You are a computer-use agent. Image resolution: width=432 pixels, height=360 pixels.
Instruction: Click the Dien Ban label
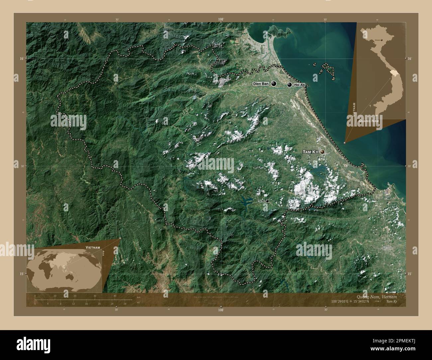[x=261, y=84]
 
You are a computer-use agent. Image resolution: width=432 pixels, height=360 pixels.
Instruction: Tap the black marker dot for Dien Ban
[x=274, y=84]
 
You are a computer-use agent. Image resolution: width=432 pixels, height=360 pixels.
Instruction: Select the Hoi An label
[x=299, y=85]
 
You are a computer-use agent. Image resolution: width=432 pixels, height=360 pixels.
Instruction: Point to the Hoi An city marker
[x=289, y=85]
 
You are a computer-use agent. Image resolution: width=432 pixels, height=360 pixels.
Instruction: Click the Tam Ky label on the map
[x=310, y=152]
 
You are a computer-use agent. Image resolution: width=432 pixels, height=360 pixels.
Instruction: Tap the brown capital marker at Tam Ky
[x=322, y=152]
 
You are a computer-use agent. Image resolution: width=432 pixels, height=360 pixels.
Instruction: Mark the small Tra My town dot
[x=267, y=201]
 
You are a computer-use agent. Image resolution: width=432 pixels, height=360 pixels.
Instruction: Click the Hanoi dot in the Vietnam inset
[x=381, y=40]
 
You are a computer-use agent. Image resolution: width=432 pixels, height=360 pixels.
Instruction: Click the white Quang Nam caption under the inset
[x=368, y=121]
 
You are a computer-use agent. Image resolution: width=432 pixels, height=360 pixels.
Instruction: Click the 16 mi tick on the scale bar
[x=86, y=300]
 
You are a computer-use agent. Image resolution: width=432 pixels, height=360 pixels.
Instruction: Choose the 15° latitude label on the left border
[x=22, y=274]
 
